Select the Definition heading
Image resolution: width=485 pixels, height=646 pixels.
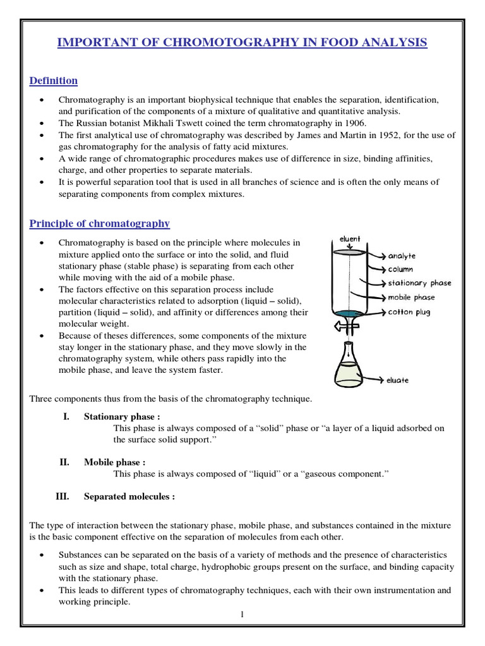point(54,81)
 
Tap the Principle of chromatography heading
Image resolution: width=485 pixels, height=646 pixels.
point(100,223)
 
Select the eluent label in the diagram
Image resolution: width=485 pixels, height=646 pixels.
point(350,239)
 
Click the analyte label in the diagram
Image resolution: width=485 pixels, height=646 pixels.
point(402,256)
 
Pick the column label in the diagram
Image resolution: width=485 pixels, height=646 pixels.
point(400,269)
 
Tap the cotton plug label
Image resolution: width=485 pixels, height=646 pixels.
point(409,312)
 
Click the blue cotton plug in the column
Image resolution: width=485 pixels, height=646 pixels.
point(349,313)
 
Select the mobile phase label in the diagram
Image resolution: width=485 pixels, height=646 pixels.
point(411,297)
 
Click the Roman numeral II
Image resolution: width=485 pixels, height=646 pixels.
point(64,462)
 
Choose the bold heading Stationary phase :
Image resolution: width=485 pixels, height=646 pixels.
point(122,416)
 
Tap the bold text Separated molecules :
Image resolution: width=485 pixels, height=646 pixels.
point(129,496)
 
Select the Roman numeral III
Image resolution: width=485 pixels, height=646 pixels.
point(63,496)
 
